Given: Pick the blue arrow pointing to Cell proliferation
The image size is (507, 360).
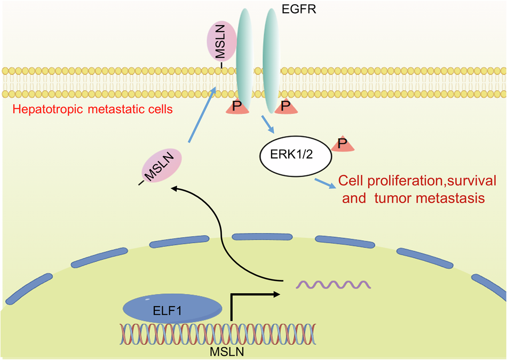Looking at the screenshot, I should click(x=324, y=182).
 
